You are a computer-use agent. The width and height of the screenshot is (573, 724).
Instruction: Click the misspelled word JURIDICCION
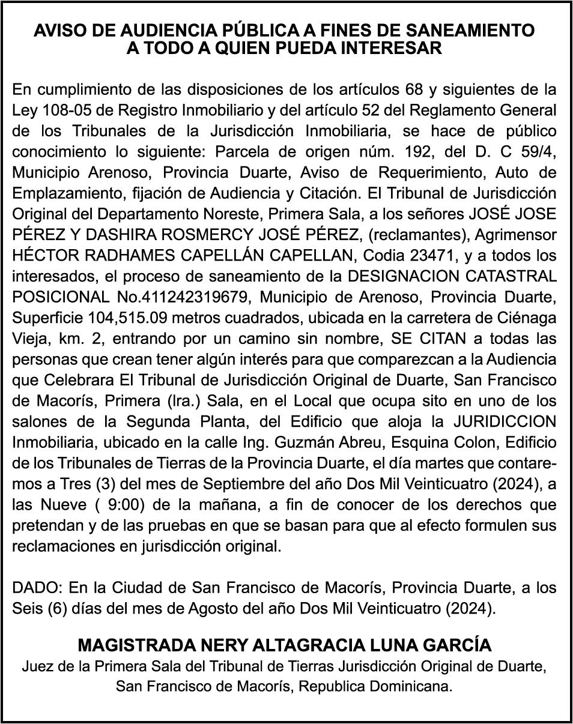pyautogui.click(x=505, y=421)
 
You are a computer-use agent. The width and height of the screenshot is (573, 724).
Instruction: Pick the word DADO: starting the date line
pyautogui.click(x=38, y=588)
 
